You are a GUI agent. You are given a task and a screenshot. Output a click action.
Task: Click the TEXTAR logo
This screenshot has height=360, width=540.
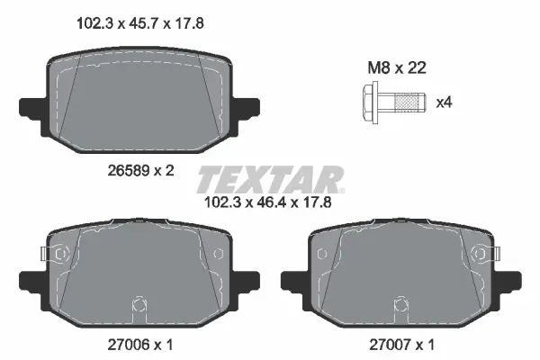pos(271,179)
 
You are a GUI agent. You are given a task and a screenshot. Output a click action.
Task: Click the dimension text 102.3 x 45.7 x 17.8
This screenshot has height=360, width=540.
pos(140,23)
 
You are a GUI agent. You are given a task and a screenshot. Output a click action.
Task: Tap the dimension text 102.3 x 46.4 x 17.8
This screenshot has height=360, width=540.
pos(267,202)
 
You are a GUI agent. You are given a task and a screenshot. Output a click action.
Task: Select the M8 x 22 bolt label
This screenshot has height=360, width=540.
pos(397,67)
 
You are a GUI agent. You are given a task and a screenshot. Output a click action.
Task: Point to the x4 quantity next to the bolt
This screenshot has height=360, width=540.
pos(444,103)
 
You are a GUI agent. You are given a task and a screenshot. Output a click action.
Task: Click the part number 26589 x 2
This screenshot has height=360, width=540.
pos(141,170)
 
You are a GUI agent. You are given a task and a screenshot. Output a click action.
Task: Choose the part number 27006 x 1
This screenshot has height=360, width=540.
pos(140,344)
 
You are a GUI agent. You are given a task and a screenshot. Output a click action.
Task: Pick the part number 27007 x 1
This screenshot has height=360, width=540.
pos(402,344)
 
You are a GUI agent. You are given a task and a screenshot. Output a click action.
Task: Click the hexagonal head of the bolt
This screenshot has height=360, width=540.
pos(370,103)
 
